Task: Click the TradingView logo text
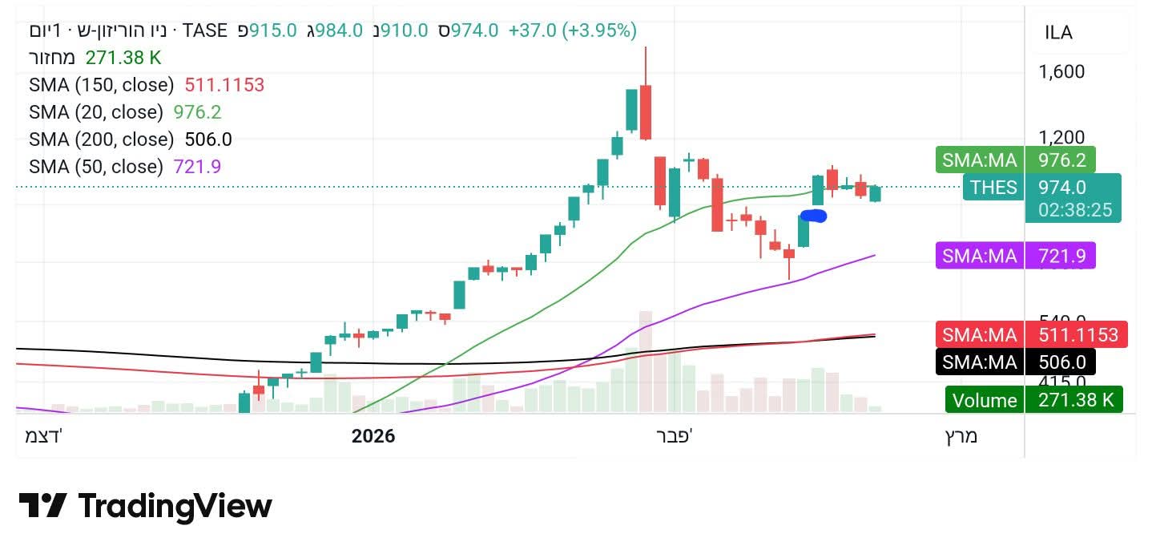point(175,507)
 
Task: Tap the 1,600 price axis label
point(1061,72)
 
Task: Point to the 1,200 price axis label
point(1061,138)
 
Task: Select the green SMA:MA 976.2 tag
point(1015,160)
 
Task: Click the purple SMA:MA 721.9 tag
point(1015,256)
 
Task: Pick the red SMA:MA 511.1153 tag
point(1031,334)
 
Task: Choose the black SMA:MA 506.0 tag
point(1015,362)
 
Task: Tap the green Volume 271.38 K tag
point(1033,400)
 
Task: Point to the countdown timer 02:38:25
point(1073,210)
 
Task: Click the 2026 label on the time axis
point(373,436)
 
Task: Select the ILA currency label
point(1058,33)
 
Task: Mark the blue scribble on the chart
point(813,215)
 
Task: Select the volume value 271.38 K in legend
point(123,58)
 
